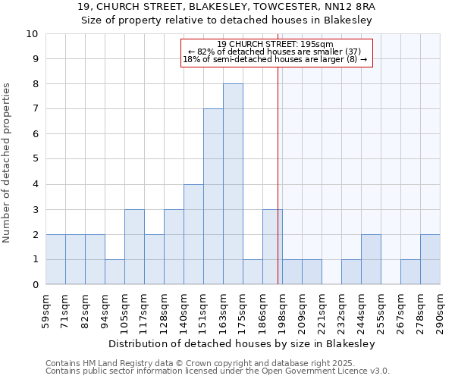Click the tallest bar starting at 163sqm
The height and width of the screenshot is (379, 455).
[233, 184]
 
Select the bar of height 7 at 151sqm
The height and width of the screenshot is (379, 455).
[213, 196]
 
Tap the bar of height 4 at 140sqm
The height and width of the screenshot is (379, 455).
[193, 234]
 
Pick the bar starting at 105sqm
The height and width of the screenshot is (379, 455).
[134, 247]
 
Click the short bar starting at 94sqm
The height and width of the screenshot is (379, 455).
[115, 272]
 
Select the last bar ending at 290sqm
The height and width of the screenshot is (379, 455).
[430, 259]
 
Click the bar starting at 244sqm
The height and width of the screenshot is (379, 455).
[371, 259]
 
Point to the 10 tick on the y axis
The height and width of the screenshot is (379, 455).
[32, 34]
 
